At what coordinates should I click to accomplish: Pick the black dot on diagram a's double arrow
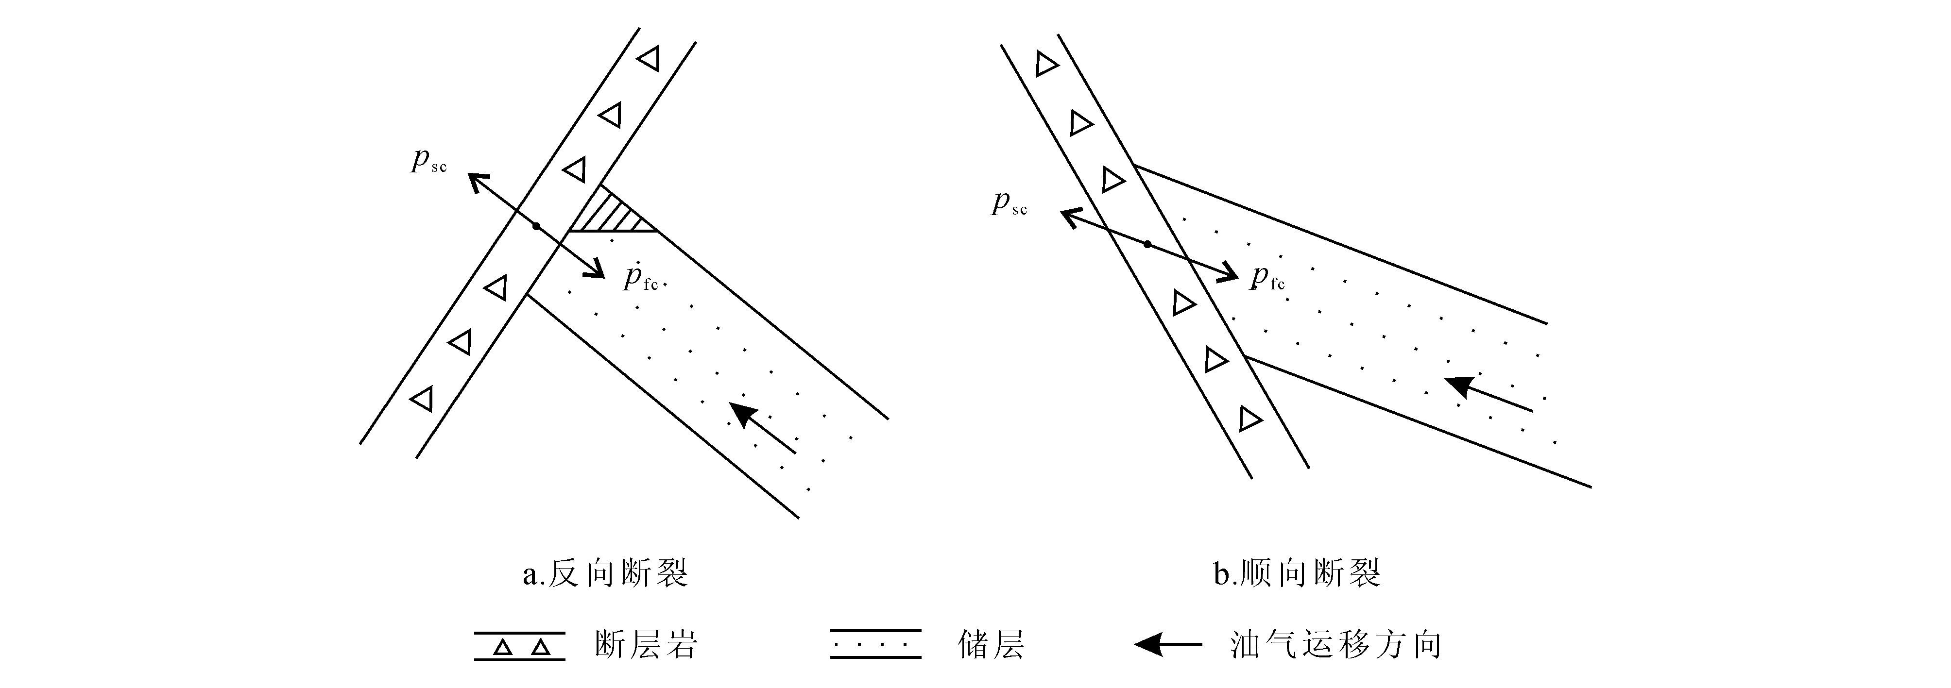pos(536,226)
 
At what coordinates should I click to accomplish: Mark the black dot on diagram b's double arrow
pos(1147,244)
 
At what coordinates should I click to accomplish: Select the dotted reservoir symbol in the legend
pos(875,644)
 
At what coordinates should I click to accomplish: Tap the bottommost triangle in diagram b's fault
pos(1249,419)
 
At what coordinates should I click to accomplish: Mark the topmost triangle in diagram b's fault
pos(1046,65)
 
